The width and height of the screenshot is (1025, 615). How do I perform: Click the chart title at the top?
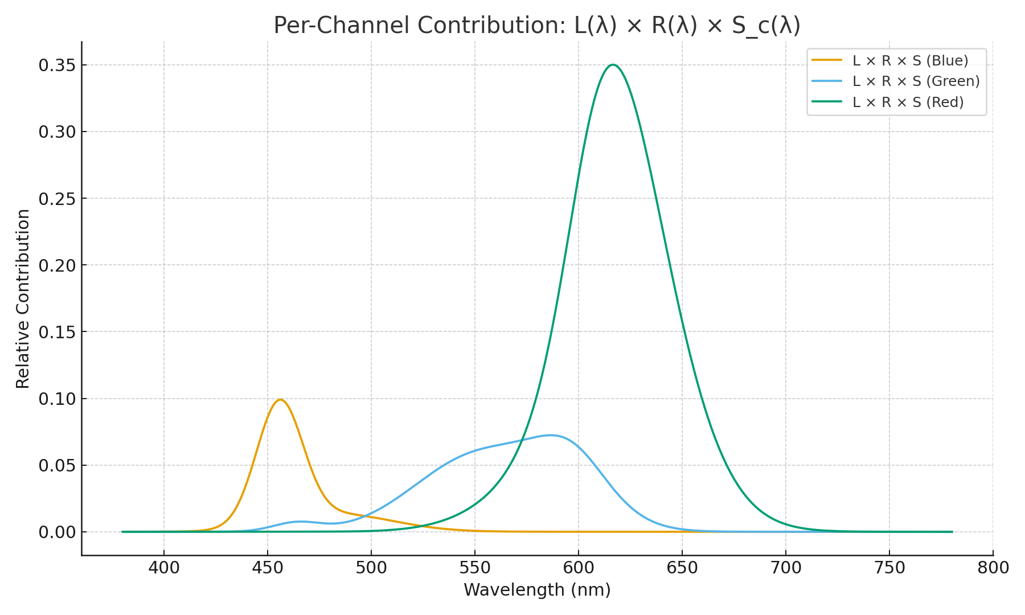pyautogui.click(x=537, y=26)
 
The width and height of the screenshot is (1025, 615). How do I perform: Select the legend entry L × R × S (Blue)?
pyautogui.click(x=910, y=60)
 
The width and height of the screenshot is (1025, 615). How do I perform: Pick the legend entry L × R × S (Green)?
pyautogui.click(x=916, y=81)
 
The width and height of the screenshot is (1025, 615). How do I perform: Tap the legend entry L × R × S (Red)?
pyautogui.click(x=908, y=102)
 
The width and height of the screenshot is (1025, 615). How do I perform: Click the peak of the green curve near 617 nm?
pyautogui.click(x=613, y=65)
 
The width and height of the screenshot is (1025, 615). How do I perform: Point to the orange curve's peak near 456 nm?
pyautogui.click(x=280, y=400)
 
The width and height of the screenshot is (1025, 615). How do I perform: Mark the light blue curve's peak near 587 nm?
pyautogui.click(x=551, y=436)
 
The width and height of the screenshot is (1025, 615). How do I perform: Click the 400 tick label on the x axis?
pyautogui.click(x=164, y=568)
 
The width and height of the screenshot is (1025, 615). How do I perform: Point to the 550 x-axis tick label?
pyautogui.click(x=475, y=568)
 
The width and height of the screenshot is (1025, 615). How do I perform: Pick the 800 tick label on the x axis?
pyautogui.click(x=993, y=568)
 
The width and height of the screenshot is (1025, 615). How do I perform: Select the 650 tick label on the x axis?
pyautogui.click(x=682, y=568)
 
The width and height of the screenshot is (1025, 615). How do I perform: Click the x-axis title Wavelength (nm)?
pyautogui.click(x=537, y=590)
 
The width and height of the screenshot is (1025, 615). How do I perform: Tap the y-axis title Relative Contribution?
pyautogui.click(x=23, y=299)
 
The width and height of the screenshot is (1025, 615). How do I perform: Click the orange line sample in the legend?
pyautogui.click(x=827, y=60)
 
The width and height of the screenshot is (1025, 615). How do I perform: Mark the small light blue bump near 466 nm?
pyautogui.click(x=301, y=522)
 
